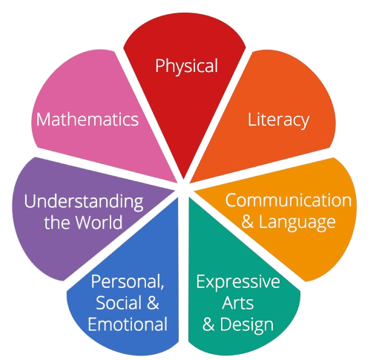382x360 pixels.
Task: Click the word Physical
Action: [x=186, y=66]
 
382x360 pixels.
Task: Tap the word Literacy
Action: [x=278, y=120]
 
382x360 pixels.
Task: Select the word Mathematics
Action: [x=88, y=120]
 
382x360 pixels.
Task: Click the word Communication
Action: [x=289, y=200]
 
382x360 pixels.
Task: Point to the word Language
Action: [x=297, y=222]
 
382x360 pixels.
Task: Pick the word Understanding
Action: [x=84, y=202]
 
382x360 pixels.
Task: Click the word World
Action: [x=99, y=222]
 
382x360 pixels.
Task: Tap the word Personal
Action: [x=125, y=281]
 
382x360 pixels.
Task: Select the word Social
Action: [x=119, y=303]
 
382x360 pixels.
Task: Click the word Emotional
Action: [x=128, y=324]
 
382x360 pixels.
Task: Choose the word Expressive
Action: [x=238, y=282]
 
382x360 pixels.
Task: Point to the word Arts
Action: [x=238, y=303]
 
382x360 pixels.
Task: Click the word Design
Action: [x=247, y=324]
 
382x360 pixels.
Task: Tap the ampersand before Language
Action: [x=248, y=221]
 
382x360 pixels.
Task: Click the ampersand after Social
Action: [x=153, y=303]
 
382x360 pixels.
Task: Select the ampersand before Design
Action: [x=208, y=324]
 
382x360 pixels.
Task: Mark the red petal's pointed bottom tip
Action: [x=183, y=179]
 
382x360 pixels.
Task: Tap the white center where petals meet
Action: [x=183, y=189]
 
